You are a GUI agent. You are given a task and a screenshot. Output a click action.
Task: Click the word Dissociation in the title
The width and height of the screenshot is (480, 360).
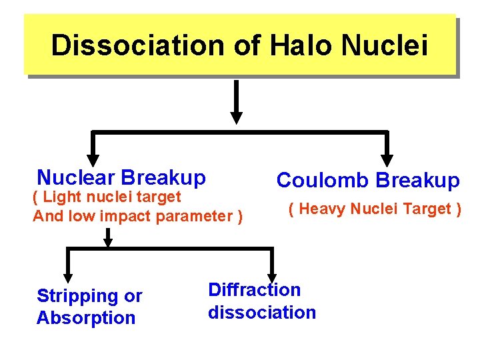(x=137, y=45)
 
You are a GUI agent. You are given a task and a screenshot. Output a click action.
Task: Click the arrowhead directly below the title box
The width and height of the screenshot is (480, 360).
(x=236, y=116)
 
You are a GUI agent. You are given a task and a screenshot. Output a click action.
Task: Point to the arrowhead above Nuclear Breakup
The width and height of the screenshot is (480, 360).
(x=93, y=159)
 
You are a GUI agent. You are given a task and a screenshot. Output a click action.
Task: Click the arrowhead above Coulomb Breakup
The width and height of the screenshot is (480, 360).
(x=387, y=159)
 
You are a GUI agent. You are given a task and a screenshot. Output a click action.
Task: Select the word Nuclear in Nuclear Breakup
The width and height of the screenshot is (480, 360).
(x=77, y=177)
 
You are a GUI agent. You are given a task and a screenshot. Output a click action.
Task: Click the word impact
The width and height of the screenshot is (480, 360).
(x=138, y=216)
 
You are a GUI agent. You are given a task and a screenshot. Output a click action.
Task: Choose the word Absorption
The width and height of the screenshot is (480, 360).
(x=85, y=318)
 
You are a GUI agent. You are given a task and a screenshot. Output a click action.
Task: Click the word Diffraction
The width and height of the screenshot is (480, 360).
(x=254, y=290)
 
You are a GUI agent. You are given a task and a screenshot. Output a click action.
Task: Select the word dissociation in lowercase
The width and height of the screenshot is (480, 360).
(x=261, y=312)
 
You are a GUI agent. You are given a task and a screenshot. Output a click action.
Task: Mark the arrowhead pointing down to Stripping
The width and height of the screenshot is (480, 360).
(x=68, y=276)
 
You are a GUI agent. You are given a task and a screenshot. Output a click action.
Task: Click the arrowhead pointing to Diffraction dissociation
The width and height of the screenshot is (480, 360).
(x=272, y=276)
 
